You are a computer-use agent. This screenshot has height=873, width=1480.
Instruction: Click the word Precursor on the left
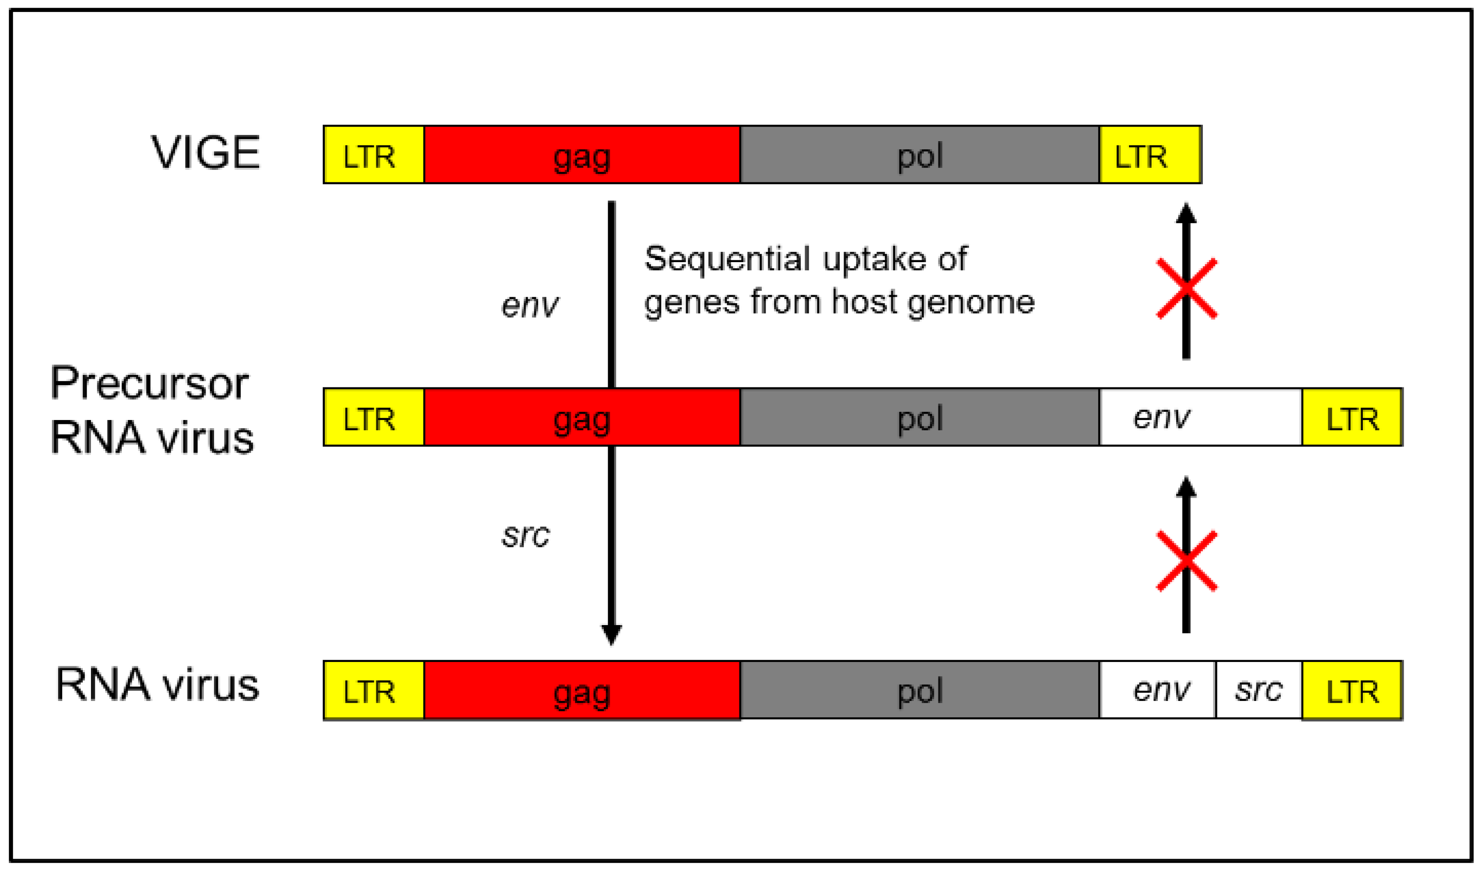coord(149,383)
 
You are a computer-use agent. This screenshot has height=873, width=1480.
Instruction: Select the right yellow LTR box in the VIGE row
coord(1149,155)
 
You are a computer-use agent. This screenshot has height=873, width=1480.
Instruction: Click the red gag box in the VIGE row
coord(581,155)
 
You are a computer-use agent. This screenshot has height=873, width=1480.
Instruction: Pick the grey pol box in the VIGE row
coord(919,155)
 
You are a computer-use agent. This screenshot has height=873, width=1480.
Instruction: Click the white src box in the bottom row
coord(1258,690)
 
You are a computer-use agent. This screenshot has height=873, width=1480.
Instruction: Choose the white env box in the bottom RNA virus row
coord(1157,690)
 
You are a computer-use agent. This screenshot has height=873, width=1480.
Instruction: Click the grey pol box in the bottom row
coord(919,690)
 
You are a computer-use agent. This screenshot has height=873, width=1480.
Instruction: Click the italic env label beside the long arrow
coord(530,305)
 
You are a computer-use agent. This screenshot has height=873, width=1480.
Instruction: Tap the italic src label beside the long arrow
coord(526,535)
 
